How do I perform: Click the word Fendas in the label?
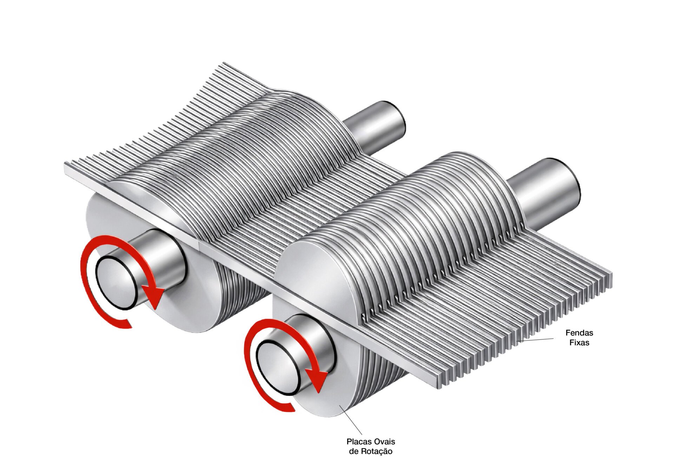click(579, 333)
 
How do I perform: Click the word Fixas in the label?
click(579, 342)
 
